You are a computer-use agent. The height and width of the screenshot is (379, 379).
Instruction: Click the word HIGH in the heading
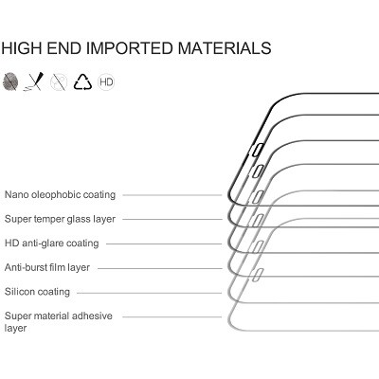point(22,48)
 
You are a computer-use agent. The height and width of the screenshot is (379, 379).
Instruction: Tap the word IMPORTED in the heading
point(130,48)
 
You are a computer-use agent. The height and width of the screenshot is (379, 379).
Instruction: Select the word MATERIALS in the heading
point(225,48)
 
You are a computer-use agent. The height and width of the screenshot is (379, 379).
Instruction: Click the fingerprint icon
point(9,81)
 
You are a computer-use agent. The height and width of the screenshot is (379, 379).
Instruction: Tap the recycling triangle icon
point(82,82)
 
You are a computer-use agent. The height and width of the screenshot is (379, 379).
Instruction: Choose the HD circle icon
point(106,82)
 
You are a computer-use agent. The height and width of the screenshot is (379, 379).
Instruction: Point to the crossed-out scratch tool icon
point(34,81)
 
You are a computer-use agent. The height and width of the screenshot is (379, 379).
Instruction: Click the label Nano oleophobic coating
point(60,194)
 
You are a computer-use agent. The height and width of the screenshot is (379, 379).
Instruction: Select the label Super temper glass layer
point(60,219)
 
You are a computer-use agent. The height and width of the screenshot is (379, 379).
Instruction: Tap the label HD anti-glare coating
point(52,244)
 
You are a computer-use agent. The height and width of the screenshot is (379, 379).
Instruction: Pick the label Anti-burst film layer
point(47,267)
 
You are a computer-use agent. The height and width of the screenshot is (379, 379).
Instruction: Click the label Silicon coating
point(37,292)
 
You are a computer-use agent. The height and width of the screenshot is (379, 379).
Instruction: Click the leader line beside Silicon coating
point(150,293)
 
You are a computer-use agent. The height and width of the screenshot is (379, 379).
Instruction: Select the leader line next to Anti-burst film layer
point(160,268)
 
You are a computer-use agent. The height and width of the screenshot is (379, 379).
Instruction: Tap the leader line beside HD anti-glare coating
point(164,244)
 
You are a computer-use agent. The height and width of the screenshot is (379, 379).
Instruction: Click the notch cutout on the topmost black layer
point(259,149)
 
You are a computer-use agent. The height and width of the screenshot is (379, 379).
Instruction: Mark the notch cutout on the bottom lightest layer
point(259,274)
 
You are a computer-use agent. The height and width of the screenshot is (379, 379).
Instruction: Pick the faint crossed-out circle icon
point(59,82)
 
